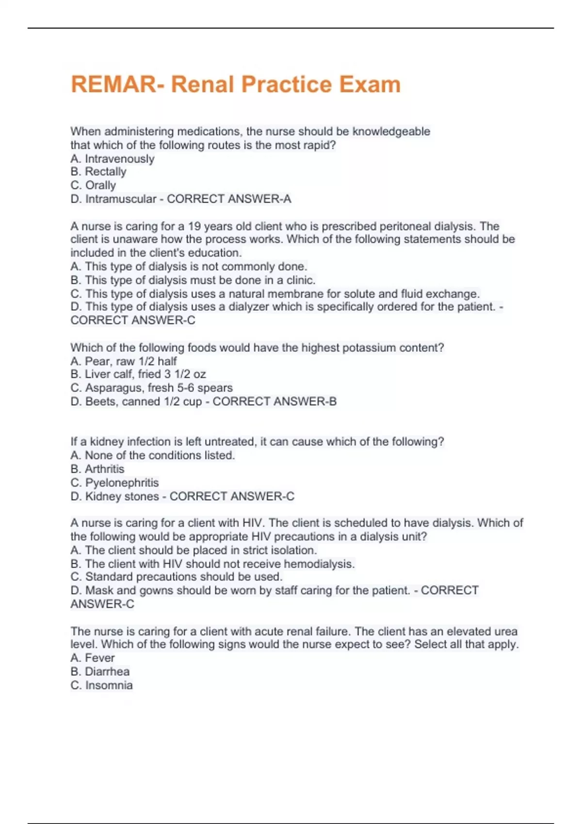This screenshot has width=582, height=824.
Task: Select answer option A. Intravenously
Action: pyautogui.click(x=113, y=158)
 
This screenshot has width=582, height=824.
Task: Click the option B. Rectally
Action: pyautogui.click(x=98, y=172)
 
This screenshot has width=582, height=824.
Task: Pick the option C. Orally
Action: pyautogui.click(x=93, y=185)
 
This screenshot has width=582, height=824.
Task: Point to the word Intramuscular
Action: pyautogui.click(x=121, y=199)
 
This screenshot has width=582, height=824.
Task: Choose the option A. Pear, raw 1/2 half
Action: pyautogui.click(x=124, y=361)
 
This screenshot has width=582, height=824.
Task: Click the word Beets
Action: pyautogui.click(x=100, y=401)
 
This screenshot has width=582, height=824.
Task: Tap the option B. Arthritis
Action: pyautogui.click(x=97, y=469)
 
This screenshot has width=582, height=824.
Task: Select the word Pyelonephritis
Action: pyautogui.click(x=122, y=483)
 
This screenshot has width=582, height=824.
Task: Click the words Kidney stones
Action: pyautogui.click(x=122, y=496)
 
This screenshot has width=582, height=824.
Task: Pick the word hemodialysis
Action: pyautogui.click(x=318, y=564)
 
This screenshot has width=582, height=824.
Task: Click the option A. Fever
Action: pyautogui.click(x=93, y=658)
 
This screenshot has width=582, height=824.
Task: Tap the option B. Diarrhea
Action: pyautogui.click(x=100, y=671)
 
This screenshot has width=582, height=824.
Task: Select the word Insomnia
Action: pyautogui.click(x=109, y=685)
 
